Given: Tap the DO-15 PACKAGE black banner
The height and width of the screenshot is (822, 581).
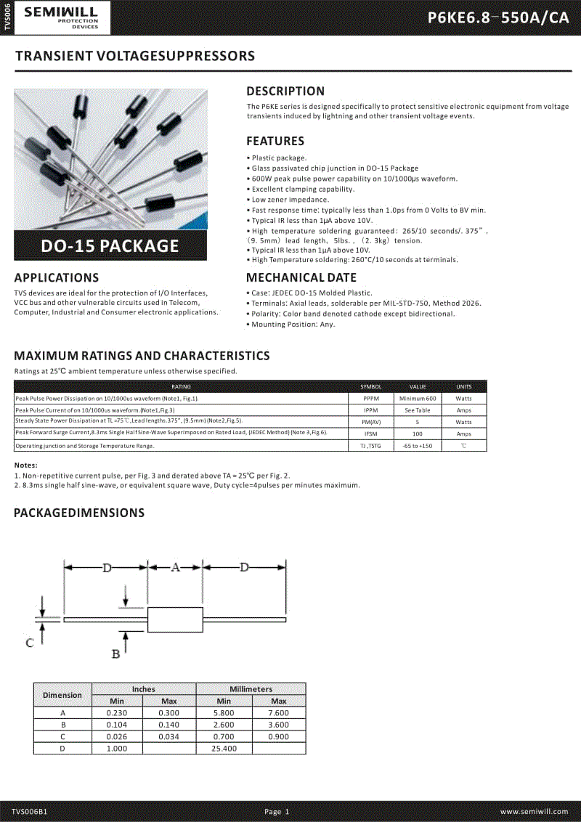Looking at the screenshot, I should pos(110,246).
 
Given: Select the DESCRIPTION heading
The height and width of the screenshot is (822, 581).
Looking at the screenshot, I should pos(285,91).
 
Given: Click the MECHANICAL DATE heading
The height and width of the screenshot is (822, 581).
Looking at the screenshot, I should pos(301,277).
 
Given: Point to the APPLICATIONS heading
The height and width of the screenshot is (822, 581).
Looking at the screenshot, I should pos(57,277).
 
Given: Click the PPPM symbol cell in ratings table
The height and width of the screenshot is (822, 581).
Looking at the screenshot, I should pos(371,399).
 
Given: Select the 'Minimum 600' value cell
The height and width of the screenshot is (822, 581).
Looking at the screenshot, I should pos(418,399).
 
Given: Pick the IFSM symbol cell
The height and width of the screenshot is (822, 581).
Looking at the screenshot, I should pos(371,434).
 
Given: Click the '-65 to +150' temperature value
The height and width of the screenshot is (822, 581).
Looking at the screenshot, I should pos(418,445).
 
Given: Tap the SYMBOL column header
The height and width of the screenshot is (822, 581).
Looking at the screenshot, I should pos(371,387).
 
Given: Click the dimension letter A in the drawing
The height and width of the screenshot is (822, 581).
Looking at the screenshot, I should pos(175,568).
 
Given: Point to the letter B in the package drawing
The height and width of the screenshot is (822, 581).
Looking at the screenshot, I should pos(115,654).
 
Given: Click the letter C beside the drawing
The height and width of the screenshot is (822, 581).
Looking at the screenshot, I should pos(30,643).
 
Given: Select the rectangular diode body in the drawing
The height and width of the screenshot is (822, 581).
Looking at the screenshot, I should pos(175,619).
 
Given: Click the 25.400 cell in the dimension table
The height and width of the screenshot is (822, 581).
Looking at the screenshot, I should pos(224,748).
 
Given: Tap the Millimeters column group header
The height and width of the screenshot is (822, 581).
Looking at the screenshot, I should pos(251,689).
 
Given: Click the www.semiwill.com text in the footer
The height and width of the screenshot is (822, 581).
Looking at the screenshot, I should pos(534,811).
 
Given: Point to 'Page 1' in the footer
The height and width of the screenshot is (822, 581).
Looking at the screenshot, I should pos(277,811).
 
